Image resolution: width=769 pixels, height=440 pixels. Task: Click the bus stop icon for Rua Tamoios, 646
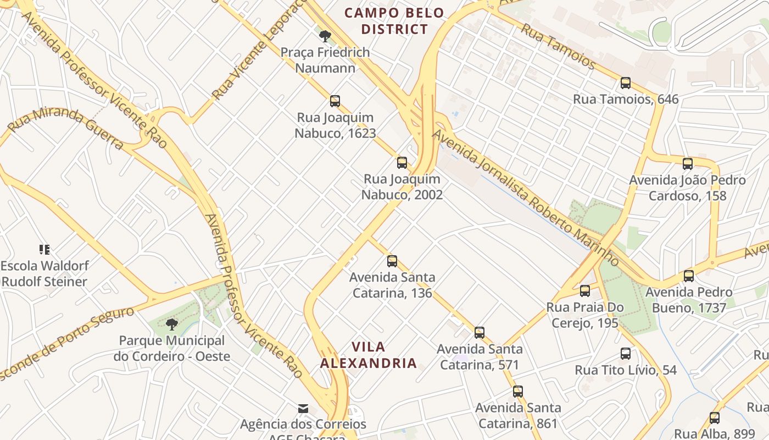pyautogui.click(x=625, y=83)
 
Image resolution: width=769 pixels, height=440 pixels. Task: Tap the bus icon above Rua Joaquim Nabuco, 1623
pyautogui.click(x=335, y=101)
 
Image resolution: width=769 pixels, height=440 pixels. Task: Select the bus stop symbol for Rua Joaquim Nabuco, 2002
pyautogui.click(x=402, y=163)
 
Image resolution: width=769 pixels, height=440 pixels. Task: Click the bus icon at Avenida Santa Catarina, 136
pyautogui.click(x=392, y=261)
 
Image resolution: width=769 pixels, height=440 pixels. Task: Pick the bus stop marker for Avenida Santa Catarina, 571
pyautogui.click(x=480, y=332)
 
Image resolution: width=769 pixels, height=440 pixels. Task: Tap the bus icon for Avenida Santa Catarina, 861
pyautogui.click(x=518, y=392)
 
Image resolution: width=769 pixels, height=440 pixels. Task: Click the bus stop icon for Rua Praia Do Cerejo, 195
pyautogui.click(x=585, y=291)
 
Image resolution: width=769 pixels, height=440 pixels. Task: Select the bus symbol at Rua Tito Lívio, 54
pyautogui.click(x=626, y=354)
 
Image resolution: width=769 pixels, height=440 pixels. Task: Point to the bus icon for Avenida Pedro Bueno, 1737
pyautogui.click(x=689, y=276)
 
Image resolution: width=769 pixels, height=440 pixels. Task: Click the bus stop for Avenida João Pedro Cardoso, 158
pyautogui.click(x=687, y=164)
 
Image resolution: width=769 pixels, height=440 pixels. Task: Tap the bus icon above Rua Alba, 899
pyautogui.click(x=714, y=418)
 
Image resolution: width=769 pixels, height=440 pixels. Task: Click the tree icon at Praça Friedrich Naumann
pyautogui.click(x=325, y=36)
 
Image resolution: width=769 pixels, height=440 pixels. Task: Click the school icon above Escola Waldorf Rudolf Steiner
pyautogui.click(x=44, y=250)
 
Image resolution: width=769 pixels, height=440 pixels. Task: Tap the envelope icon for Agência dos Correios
pyautogui.click(x=303, y=409)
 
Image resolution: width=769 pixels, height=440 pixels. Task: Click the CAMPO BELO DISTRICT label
pyautogui.click(x=394, y=21)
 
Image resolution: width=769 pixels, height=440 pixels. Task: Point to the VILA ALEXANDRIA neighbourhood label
pyautogui.click(x=368, y=355)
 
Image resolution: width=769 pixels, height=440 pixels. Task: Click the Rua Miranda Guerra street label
pyautogui.click(x=65, y=128)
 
